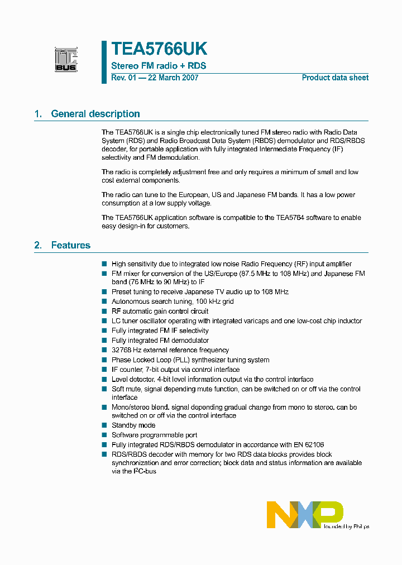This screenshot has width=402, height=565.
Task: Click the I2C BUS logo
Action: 66,60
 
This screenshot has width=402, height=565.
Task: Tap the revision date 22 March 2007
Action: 173,78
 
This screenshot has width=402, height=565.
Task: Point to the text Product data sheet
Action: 335,78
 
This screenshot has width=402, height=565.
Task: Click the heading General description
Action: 95,114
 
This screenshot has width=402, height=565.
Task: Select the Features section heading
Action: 70,245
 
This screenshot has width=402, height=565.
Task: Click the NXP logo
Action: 304,514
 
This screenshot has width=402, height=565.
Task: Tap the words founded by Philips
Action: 347,526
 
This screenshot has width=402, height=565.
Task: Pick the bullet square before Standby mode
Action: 104,425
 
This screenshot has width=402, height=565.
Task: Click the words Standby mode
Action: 133,425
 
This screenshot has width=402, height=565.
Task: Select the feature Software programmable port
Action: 154,435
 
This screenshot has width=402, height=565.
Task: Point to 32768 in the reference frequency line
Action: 123,350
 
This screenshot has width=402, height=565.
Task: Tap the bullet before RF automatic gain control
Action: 104,311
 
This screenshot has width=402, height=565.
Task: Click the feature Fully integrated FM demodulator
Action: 160,340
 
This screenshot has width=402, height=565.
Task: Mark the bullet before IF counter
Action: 104,370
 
